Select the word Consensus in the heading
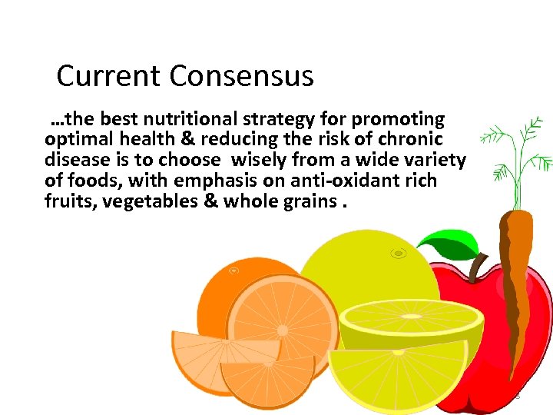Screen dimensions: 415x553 [242, 76]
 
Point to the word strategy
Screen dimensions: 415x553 [277, 119]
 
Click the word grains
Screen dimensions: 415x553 [310, 202]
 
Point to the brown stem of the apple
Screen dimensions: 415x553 [478, 265]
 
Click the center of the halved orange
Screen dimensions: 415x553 [282, 329]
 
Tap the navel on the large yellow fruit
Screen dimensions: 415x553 [397, 253]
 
